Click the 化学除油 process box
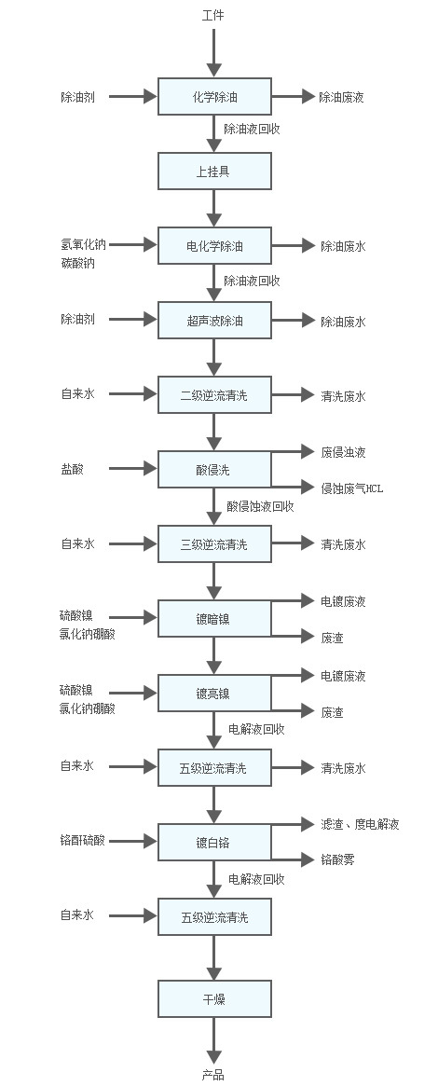pos(214,96)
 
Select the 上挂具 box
pos(214,172)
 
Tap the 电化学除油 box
pos(214,246)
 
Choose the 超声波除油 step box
pos(214,320)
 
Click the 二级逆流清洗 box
pos(214,395)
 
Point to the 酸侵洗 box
pos(214,469)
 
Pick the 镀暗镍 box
pos(214,619)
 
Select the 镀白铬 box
pos(214,842)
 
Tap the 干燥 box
pos(214,998)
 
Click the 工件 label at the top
pos(213,15)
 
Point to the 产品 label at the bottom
pos(213,1074)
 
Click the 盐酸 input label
pos(72,469)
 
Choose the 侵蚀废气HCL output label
pos(351,488)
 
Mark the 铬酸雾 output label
pos(337,859)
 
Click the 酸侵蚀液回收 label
pos(260,506)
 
